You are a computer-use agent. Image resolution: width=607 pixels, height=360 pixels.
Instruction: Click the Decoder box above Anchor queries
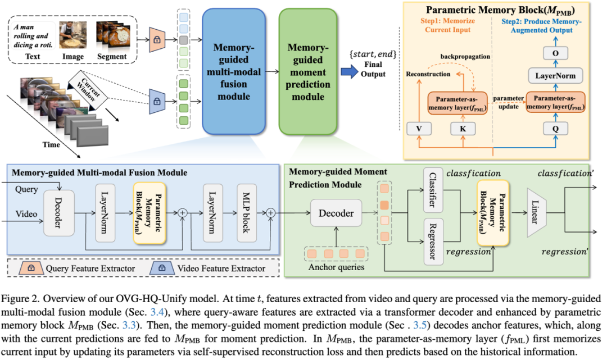click(336, 213)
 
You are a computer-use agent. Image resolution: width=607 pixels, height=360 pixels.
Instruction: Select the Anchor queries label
click(337, 267)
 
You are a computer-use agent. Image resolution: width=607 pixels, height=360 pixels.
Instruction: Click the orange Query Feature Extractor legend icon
click(31, 268)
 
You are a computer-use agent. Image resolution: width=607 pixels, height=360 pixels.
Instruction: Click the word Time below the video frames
click(52, 144)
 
